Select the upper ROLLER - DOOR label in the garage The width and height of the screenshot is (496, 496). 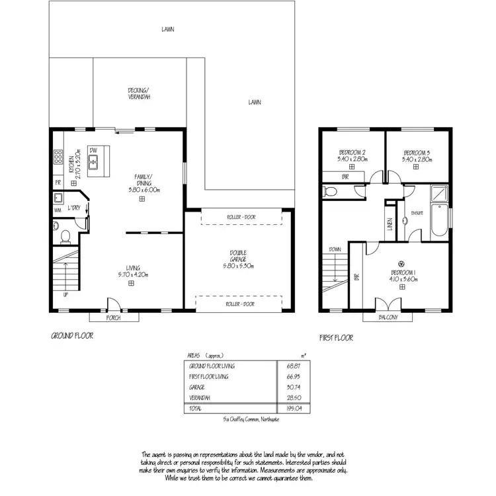tap(239, 217)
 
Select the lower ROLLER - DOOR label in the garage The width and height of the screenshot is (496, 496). tap(239, 304)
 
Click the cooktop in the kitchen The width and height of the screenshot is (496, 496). tap(58, 158)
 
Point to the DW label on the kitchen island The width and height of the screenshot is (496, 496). tap(94, 150)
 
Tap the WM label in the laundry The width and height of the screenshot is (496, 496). tap(58, 211)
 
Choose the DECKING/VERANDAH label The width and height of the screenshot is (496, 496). tap(139, 94)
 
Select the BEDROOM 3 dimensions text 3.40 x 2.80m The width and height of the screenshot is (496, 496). tap(418, 159)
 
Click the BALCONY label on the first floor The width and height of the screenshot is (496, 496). tap(389, 317)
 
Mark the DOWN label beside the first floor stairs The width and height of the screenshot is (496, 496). tap(333, 250)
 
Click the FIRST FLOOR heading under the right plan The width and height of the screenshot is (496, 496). tap(336, 337)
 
